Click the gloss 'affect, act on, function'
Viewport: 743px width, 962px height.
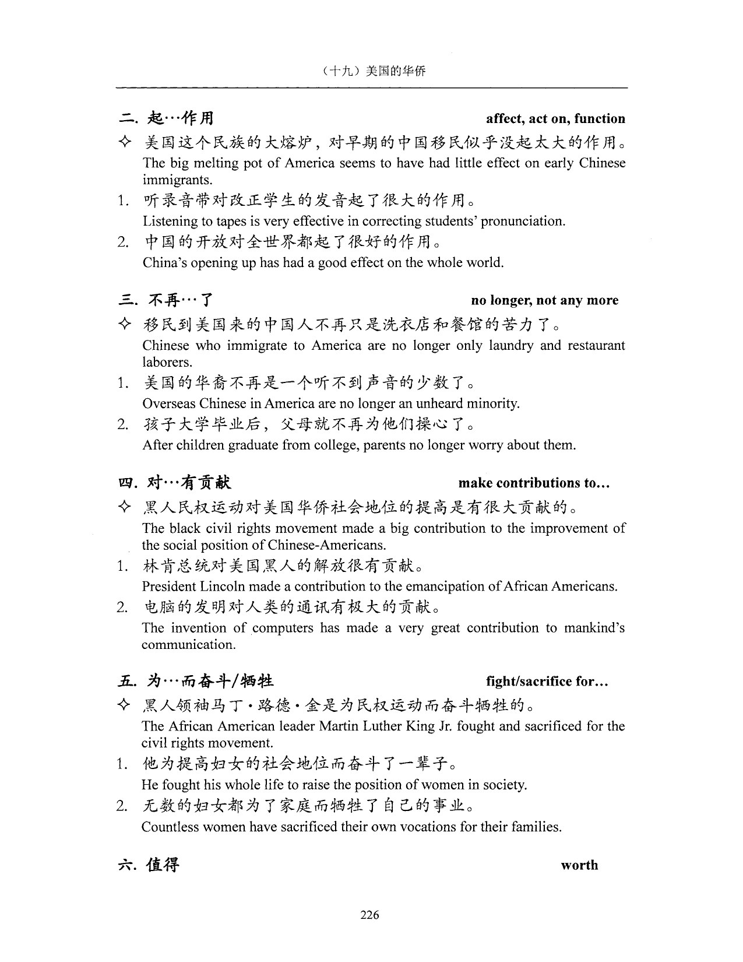coord(555,119)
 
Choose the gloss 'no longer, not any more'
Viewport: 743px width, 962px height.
coord(544,301)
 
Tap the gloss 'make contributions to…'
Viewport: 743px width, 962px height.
coord(534,483)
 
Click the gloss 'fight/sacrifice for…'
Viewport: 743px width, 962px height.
coord(547,682)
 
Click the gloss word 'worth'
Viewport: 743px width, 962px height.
coord(579,865)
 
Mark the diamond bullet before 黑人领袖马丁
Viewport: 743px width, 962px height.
coord(124,706)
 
